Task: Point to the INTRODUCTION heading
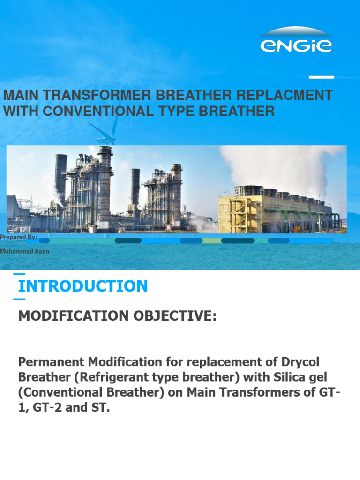point(83,286)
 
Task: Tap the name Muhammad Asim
point(24,251)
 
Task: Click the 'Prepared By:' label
point(19,237)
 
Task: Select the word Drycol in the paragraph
point(307,362)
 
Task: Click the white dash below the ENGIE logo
point(322,77)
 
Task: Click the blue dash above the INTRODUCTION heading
point(19,274)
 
